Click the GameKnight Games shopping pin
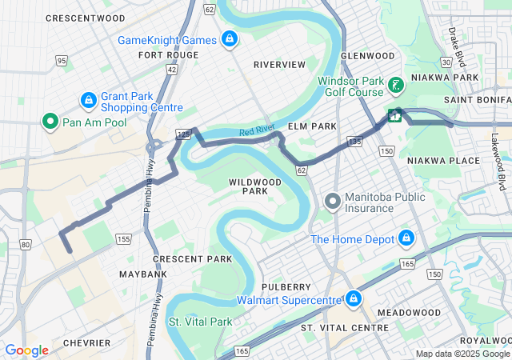tap(230, 39)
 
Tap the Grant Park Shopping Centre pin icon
tap(89, 101)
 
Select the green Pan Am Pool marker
tap(50, 121)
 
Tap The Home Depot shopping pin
tap(406, 239)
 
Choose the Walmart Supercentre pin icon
tap(353, 300)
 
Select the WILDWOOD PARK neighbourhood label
tap(255, 186)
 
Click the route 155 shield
tap(123, 238)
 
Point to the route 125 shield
tap(183, 136)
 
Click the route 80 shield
tap(26, 244)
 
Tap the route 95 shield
tap(62, 60)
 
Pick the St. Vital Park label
tap(199, 322)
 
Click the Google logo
tap(26, 350)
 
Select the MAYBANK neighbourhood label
tap(143, 274)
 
